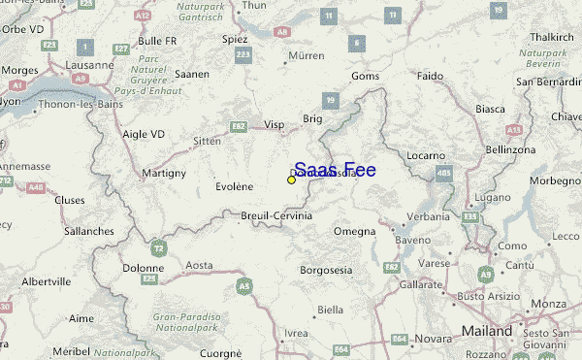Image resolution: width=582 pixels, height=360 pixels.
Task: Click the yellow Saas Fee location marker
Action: pos(291,180)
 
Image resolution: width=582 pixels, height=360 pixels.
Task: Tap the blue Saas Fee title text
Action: pos(335,170)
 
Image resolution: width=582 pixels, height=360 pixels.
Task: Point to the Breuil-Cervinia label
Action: pos(276,215)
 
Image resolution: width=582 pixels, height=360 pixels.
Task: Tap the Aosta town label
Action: pos(199,264)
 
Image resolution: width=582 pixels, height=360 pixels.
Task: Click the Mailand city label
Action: pos(487,331)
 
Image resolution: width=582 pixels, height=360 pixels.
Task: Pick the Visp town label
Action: pos(275,124)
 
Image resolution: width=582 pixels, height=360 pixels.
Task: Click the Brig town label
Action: pos(312,118)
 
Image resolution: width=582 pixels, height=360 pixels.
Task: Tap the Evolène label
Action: pos(234,186)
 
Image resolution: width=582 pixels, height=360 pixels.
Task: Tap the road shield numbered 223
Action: pos(242,54)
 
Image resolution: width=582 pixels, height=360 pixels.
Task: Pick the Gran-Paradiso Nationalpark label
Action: pos(188,322)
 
